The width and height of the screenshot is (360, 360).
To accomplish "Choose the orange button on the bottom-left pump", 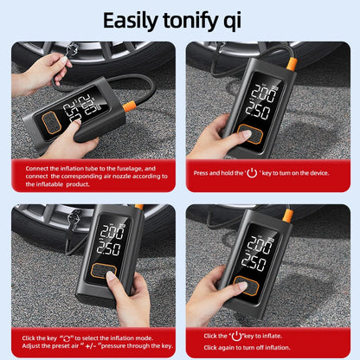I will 106,272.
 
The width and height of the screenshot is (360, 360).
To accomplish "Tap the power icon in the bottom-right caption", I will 235,335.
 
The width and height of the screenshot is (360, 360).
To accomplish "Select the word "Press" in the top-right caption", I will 202,172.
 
